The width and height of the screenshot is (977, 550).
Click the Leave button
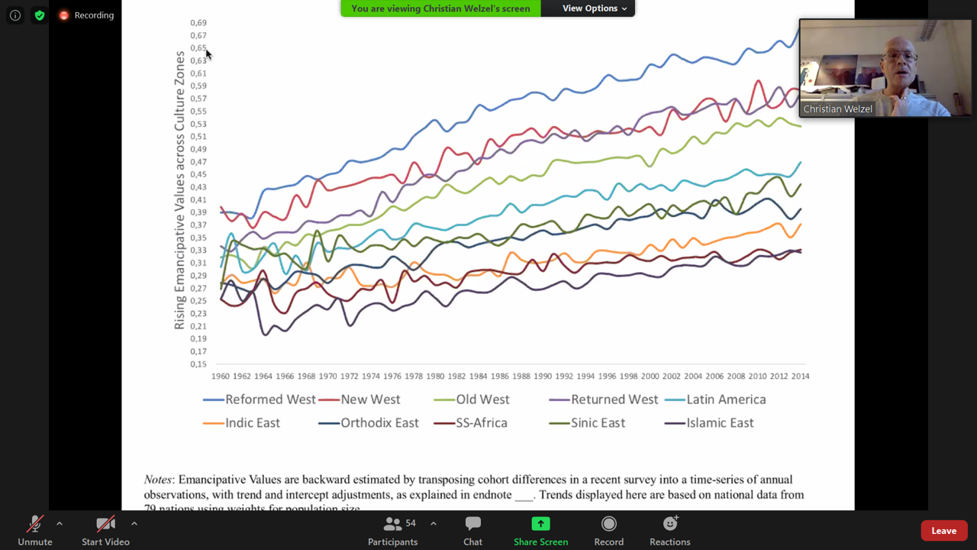pos(943,531)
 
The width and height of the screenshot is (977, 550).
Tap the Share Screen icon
pos(540,524)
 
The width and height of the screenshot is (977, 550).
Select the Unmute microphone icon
pos(34,524)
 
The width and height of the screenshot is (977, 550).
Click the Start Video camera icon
pos(105,524)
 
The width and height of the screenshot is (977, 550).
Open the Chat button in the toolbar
pos(472,524)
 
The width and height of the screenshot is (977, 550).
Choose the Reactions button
pos(669,524)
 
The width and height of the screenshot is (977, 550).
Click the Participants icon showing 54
pos(393,524)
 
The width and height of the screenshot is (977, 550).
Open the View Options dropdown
pos(594,8)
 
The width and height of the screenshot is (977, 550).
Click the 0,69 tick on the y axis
pos(198,23)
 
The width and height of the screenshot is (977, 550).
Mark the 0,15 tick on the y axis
pos(198,364)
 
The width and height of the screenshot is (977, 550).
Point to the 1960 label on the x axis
pos(221,376)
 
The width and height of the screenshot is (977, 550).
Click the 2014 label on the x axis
pos(800,376)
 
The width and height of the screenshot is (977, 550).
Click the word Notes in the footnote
pos(159,480)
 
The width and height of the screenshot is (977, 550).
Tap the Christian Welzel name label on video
pos(837,109)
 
